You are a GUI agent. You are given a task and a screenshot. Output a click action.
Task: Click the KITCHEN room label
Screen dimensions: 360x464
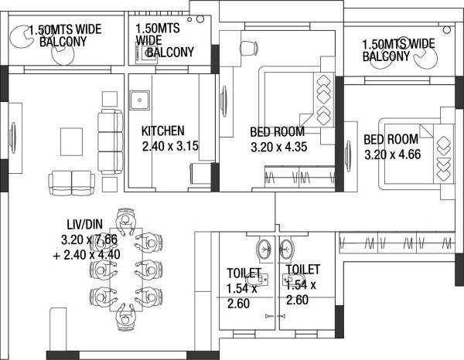(x=162, y=131)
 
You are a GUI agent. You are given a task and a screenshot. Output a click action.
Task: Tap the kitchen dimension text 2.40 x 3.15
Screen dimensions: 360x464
(x=171, y=145)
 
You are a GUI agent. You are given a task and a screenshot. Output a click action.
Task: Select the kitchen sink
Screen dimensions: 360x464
(x=140, y=100)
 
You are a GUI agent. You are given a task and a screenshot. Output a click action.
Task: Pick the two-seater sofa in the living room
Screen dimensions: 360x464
(x=71, y=182)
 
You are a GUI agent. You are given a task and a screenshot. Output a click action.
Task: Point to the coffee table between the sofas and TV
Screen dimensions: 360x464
(x=71, y=139)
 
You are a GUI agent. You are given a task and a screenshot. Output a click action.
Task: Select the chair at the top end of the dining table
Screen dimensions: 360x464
(x=127, y=217)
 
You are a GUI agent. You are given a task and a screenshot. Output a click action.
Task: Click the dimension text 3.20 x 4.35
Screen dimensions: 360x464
(x=282, y=145)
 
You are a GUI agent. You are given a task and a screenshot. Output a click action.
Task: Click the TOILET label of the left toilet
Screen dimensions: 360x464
(x=238, y=273)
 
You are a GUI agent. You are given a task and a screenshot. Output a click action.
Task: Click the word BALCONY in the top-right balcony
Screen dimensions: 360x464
(x=386, y=56)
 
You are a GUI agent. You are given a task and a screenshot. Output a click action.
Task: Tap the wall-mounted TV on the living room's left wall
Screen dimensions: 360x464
(x=12, y=140)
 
